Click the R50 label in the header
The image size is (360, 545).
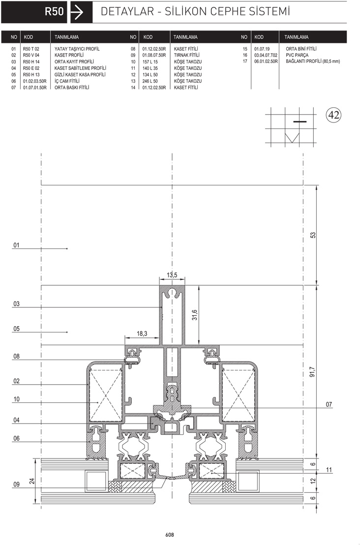(54, 11)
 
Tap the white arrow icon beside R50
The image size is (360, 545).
(77, 12)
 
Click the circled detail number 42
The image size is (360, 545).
(333, 115)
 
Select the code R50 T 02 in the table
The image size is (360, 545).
(31, 49)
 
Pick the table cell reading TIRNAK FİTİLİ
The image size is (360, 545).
(186, 55)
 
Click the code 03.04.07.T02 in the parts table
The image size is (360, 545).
(266, 55)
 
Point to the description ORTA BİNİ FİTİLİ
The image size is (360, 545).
(301, 49)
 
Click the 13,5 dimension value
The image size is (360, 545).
(172, 275)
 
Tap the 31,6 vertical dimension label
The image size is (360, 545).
(195, 315)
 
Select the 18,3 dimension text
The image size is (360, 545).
(142, 333)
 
